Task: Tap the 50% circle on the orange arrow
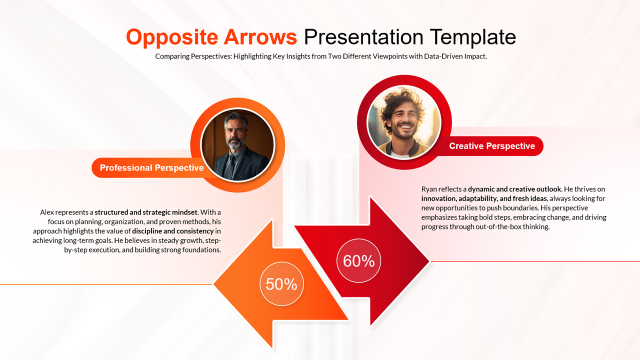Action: tap(281, 284)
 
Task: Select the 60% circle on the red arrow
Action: tap(359, 260)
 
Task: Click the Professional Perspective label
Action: tap(151, 168)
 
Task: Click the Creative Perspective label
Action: tap(492, 146)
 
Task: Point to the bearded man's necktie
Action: tap(230, 165)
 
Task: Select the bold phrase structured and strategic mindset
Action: tap(146, 212)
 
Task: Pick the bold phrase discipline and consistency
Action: tap(172, 231)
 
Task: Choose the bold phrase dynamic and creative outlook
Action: tap(514, 189)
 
